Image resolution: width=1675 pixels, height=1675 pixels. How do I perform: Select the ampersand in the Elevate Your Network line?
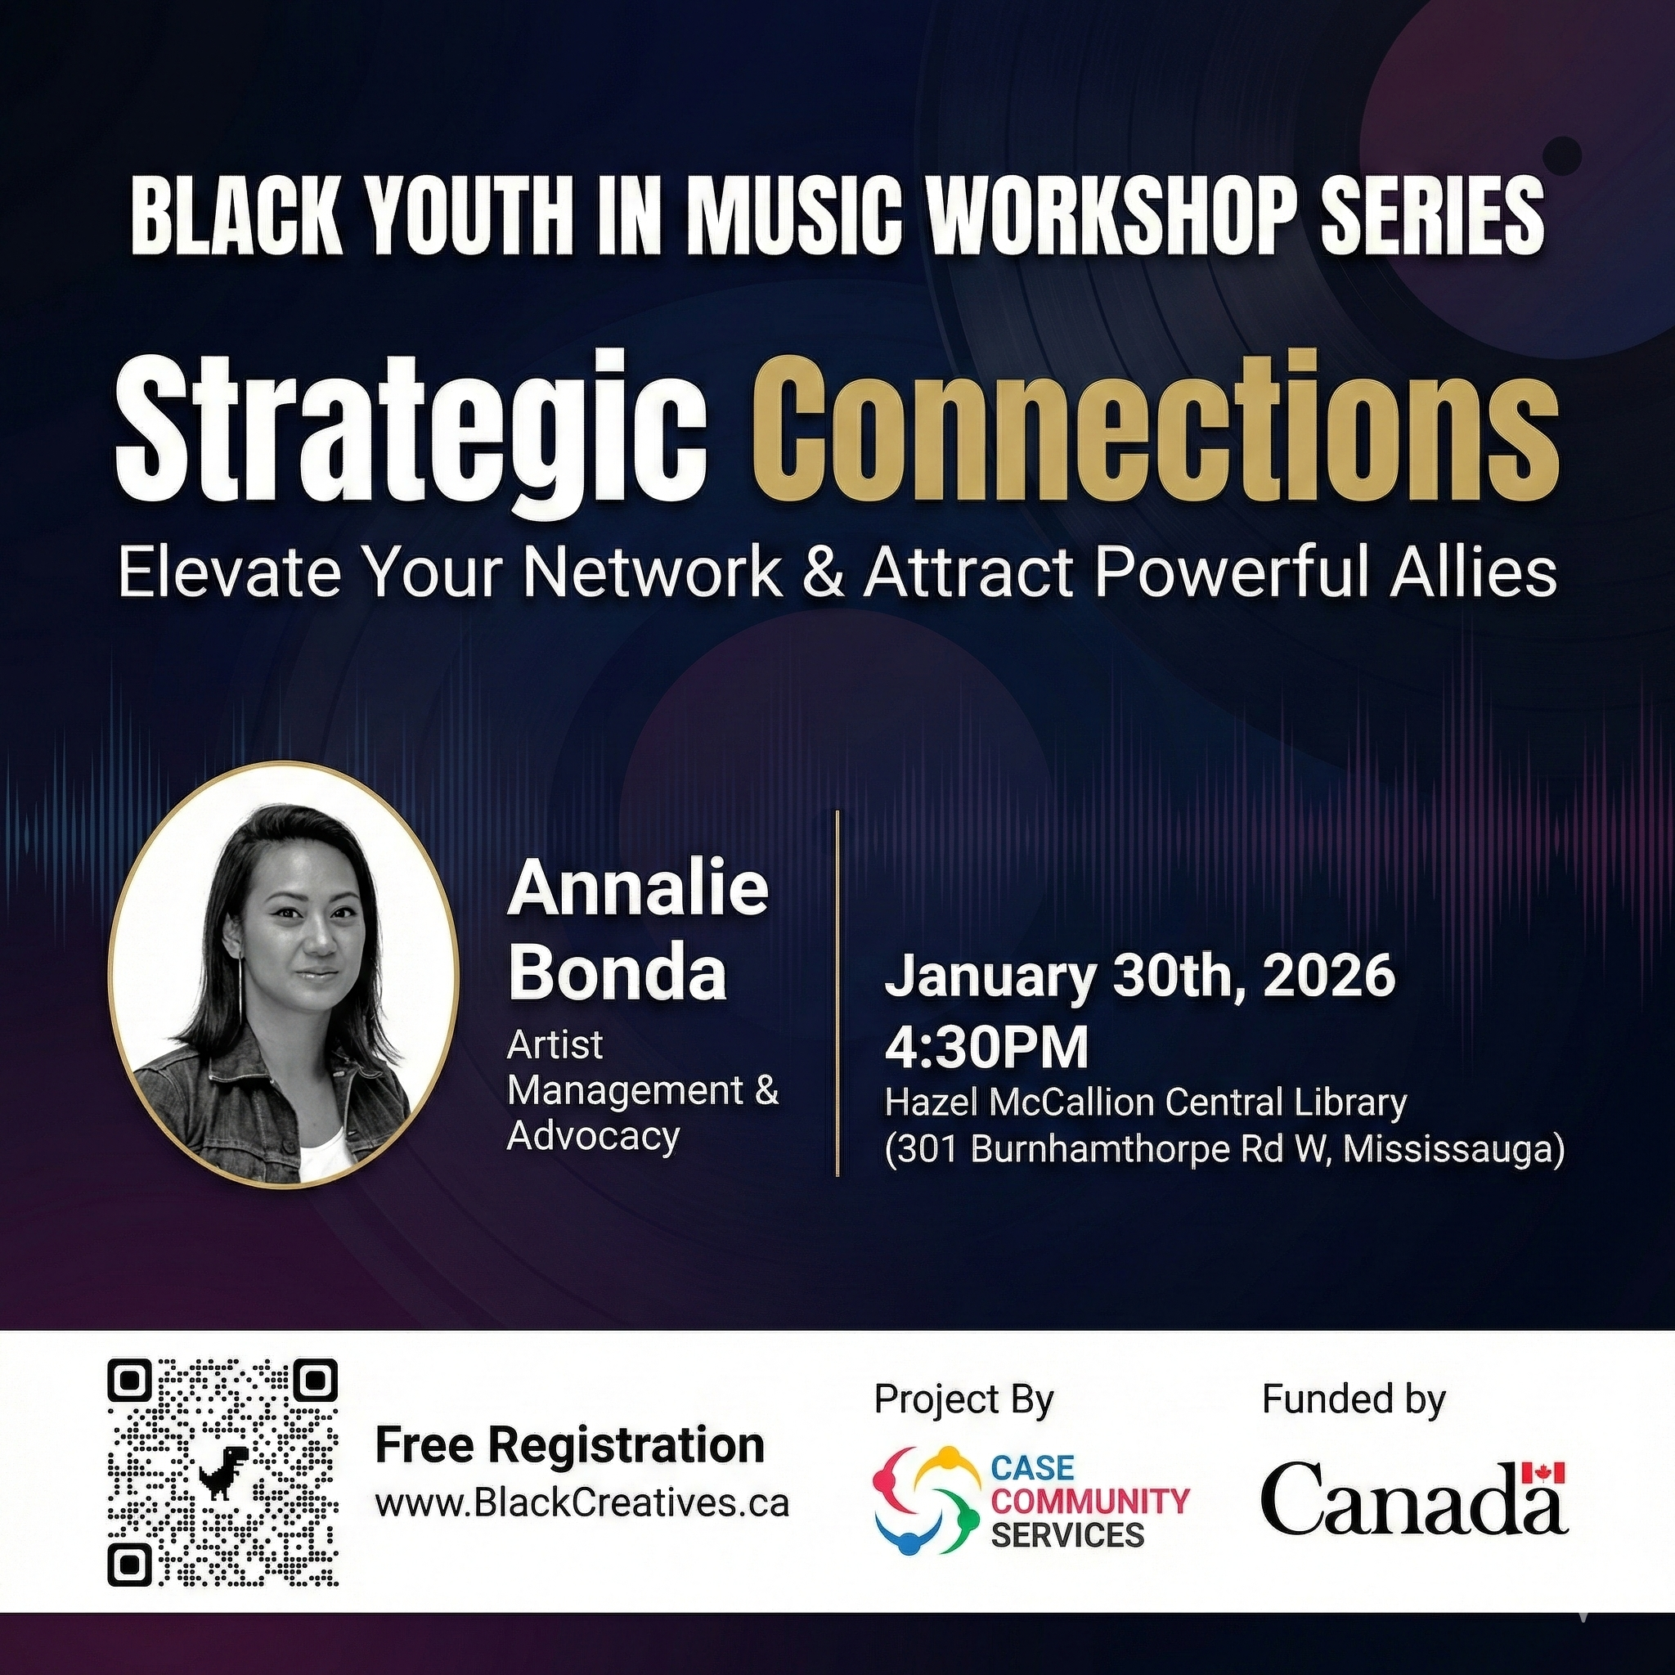823,574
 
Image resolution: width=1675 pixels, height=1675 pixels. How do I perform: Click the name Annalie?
638,890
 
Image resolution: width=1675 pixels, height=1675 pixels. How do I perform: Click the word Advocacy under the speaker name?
593,1136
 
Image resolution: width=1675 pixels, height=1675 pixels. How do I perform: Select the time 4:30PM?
986,1048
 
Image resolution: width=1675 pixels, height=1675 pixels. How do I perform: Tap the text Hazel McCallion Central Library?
1144,1102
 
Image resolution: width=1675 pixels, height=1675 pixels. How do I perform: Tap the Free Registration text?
569,1445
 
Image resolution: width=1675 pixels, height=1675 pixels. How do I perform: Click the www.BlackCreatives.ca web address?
582,1502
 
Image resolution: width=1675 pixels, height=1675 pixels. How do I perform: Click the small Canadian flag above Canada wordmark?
1543,1472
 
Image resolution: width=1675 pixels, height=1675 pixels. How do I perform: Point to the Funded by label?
1354,1399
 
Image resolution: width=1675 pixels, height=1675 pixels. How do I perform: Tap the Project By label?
963,1399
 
